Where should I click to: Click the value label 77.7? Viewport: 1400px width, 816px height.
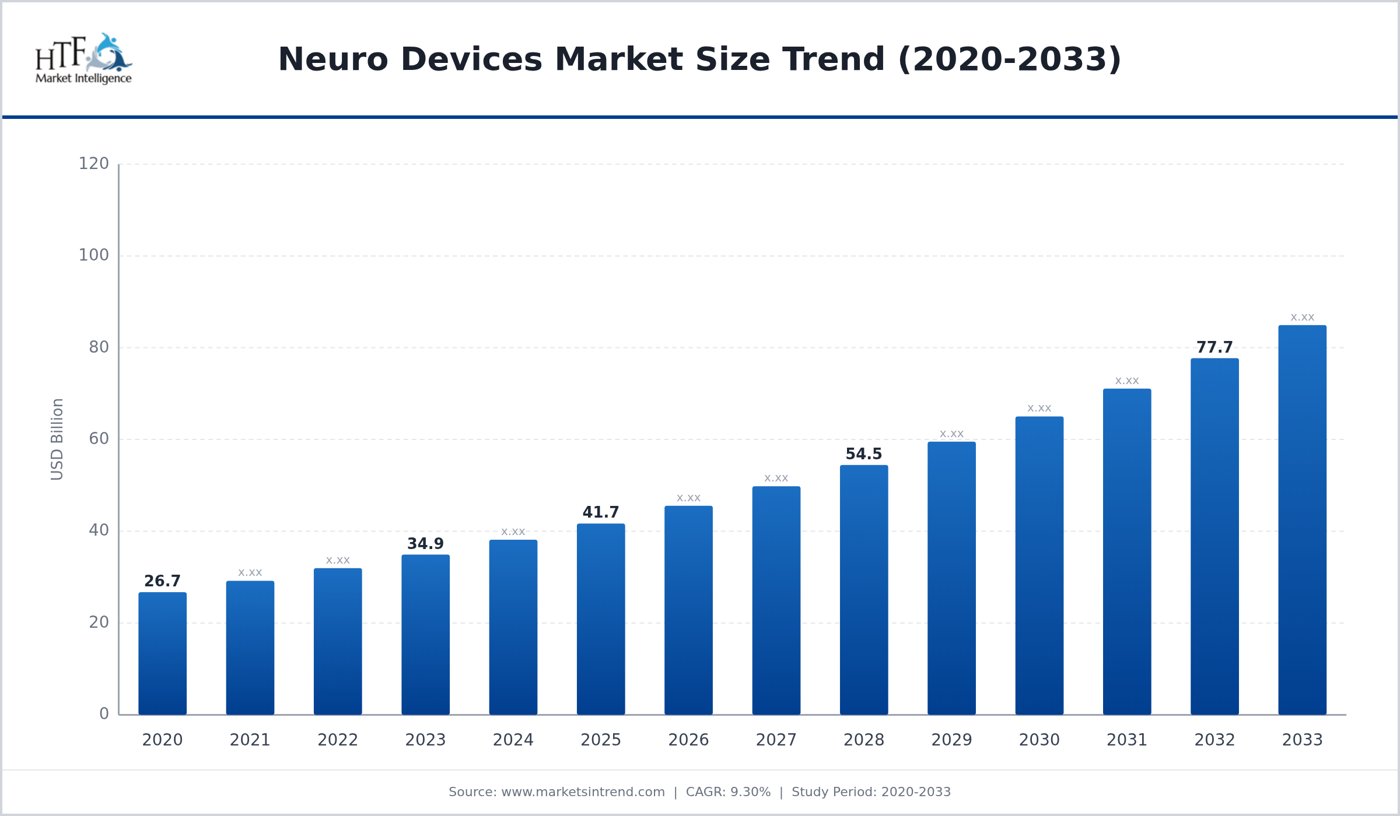(1214, 347)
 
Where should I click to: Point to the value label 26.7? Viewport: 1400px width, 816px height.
(162, 581)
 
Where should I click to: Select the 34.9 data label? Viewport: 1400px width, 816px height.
(425, 544)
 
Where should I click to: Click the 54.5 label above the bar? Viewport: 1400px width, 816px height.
(863, 454)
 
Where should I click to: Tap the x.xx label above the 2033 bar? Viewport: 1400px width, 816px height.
(1302, 318)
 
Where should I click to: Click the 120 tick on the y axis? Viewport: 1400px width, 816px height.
(94, 164)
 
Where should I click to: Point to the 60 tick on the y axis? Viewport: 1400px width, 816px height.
(99, 439)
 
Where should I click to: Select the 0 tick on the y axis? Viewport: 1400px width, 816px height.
(104, 714)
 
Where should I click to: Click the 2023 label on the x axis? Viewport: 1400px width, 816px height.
(425, 740)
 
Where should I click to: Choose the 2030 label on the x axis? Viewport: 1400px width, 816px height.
(1039, 740)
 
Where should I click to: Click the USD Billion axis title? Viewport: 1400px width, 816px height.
(57, 439)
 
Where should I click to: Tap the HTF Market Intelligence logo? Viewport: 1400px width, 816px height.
(83, 58)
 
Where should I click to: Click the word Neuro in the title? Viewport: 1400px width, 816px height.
(332, 59)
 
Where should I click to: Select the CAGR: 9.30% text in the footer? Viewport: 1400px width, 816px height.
(728, 792)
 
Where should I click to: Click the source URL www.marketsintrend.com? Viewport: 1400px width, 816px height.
(583, 792)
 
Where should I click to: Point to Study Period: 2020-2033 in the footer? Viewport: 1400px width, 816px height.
(871, 792)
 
